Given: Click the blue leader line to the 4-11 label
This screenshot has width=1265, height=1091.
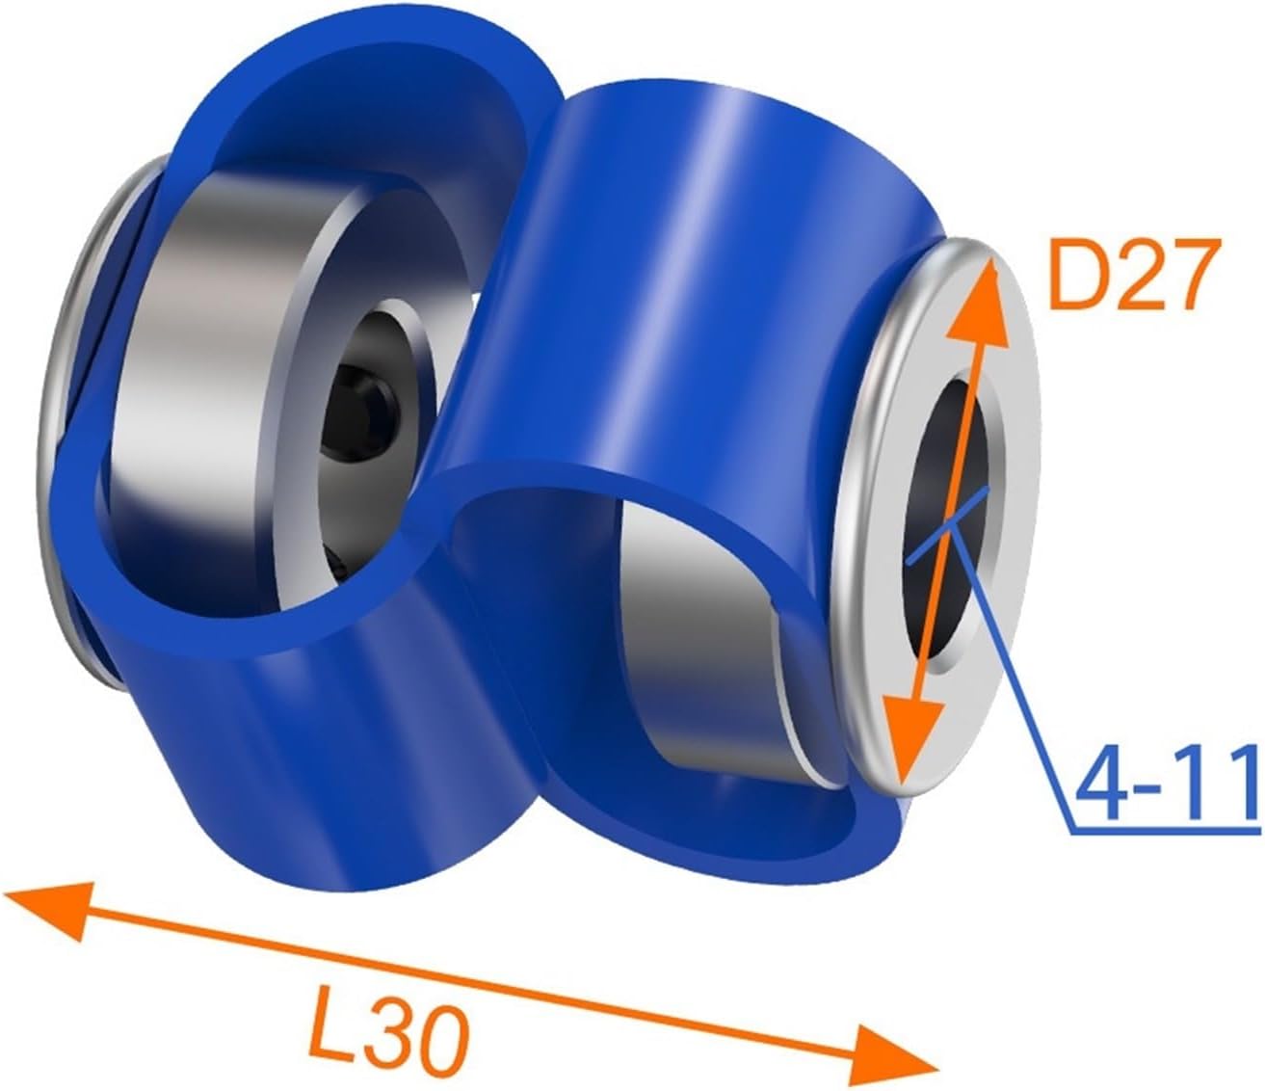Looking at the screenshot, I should click(1021, 675).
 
